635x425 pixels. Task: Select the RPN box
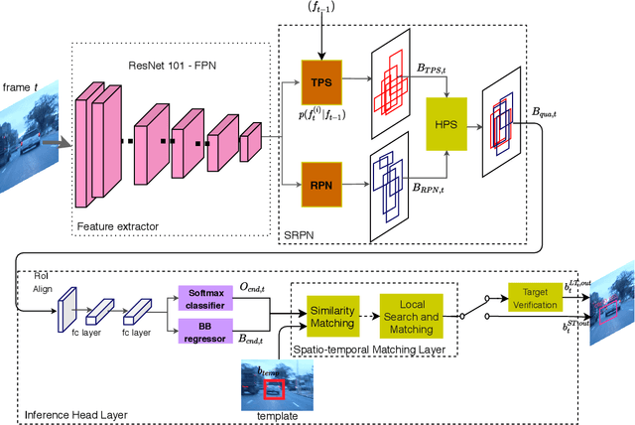coord(320,184)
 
